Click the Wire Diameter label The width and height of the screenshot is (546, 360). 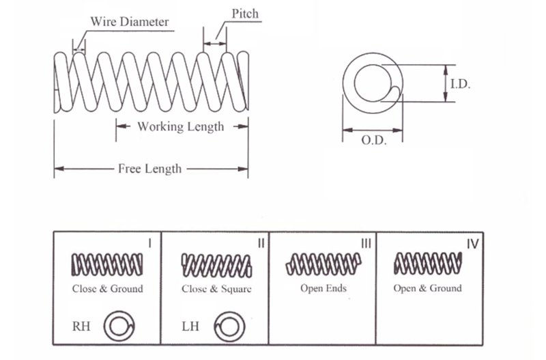(x=130, y=21)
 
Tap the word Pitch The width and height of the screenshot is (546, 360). (x=245, y=14)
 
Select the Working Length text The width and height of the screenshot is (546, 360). (x=180, y=126)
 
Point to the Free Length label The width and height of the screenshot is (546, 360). (x=149, y=168)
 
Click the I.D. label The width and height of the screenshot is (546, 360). (x=461, y=84)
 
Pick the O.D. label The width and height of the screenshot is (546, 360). (x=373, y=140)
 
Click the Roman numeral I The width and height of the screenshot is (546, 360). (x=149, y=243)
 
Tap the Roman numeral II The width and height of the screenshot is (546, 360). (x=260, y=243)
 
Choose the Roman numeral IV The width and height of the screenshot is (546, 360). (x=472, y=243)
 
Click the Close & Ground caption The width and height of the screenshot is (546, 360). (x=108, y=288)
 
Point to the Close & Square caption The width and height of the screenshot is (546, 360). (x=216, y=288)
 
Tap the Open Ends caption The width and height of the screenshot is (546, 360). (x=323, y=288)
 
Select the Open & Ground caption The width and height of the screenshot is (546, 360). (x=427, y=288)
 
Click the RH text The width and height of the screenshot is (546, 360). (x=81, y=327)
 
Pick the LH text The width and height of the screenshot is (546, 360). (x=190, y=327)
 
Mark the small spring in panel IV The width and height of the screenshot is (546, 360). (x=429, y=262)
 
